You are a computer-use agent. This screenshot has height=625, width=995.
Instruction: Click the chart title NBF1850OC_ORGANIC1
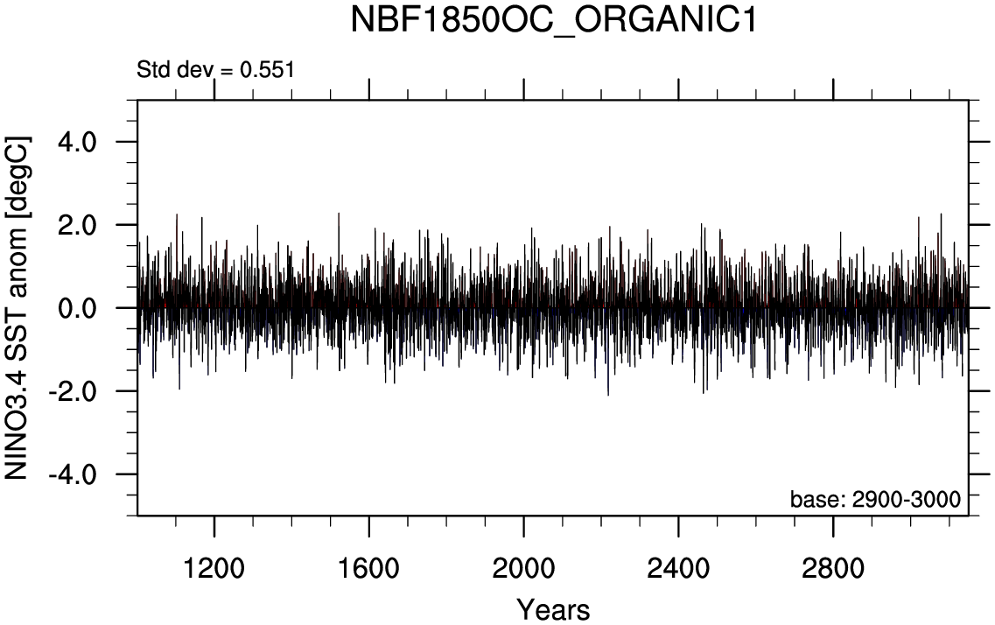(x=553, y=21)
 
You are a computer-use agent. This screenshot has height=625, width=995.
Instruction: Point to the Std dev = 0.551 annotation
(x=215, y=69)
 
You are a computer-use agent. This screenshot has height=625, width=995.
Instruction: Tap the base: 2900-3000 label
(x=875, y=500)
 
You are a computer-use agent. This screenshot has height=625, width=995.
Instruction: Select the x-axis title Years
(x=553, y=609)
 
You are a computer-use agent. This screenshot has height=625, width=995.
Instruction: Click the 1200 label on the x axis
(x=214, y=569)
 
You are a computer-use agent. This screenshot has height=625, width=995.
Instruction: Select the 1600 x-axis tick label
(x=369, y=569)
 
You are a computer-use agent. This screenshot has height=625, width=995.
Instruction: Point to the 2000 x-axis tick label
(x=523, y=569)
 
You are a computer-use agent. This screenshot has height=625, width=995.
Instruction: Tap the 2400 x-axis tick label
(x=678, y=569)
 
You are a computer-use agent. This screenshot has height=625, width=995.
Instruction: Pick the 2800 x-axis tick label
(x=832, y=569)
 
